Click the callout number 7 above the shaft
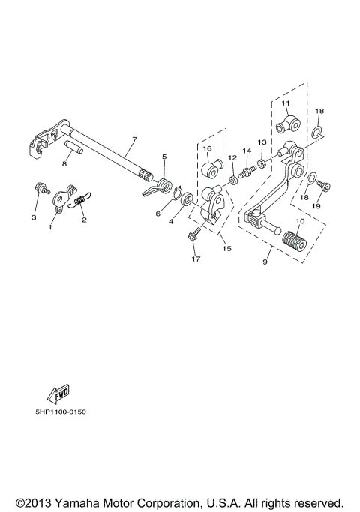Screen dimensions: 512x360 pyautogui.click(x=134, y=139)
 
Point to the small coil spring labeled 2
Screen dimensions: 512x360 pyautogui.click(x=81, y=201)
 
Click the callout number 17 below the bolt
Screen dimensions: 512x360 pyautogui.click(x=196, y=259)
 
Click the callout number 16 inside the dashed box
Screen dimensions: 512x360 pyautogui.click(x=207, y=148)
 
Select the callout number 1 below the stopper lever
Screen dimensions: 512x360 pyautogui.click(x=51, y=225)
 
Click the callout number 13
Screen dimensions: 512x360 pyautogui.click(x=262, y=142)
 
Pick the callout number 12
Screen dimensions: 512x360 pyautogui.click(x=232, y=157)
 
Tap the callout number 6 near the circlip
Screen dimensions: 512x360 pyautogui.click(x=157, y=214)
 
